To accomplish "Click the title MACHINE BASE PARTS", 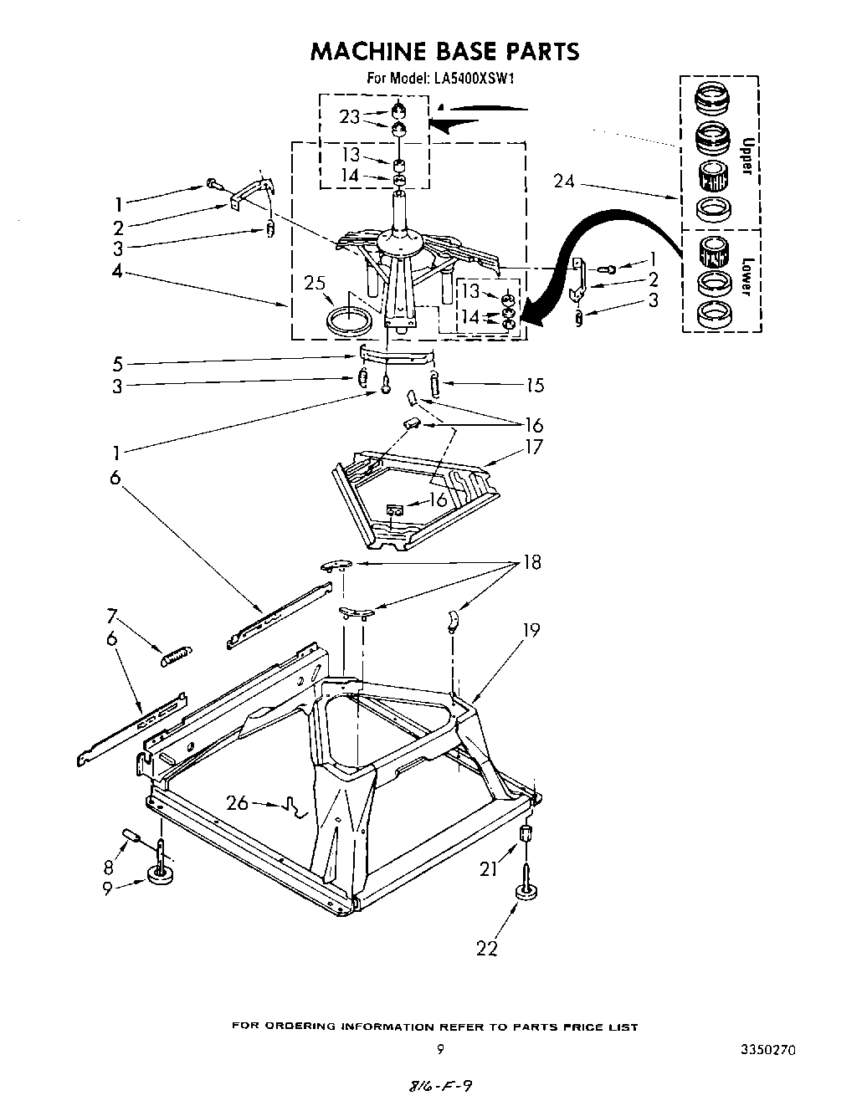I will point(444,52).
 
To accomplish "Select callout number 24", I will point(565,181).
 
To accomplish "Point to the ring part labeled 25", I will point(350,320).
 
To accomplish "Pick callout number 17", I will point(533,448).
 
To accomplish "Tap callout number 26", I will point(238,803).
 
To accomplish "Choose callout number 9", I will point(107,889).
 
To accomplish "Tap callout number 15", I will point(534,386).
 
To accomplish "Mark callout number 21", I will point(488,869).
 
